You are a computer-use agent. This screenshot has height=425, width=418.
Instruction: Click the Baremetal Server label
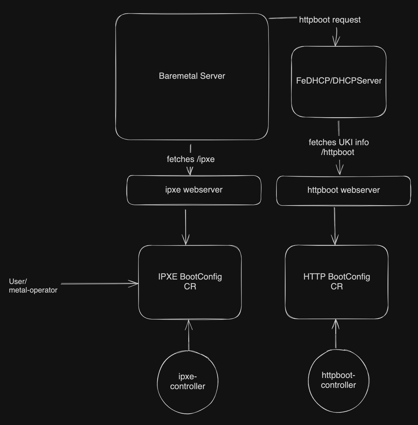click(x=192, y=76)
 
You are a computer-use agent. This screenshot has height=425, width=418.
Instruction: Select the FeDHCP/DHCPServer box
click(x=338, y=95)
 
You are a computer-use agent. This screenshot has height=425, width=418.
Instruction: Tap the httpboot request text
click(x=330, y=20)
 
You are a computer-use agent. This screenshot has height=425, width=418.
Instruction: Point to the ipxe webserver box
click(x=194, y=190)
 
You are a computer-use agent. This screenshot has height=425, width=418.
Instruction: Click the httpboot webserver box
click(x=343, y=190)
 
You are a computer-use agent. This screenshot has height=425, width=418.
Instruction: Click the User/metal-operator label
click(x=33, y=286)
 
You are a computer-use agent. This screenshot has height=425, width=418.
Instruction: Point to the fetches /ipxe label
click(x=191, y=159)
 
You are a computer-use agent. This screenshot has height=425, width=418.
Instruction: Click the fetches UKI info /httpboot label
click(x=338, y=147)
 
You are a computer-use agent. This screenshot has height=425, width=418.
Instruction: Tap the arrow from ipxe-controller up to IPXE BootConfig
click(x=189, y=335)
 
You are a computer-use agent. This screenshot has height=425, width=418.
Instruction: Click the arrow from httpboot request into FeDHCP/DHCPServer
click(x=336, y=37)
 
